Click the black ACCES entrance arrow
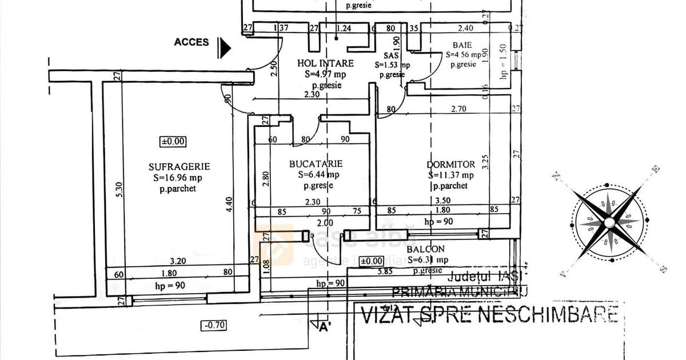(x=224, y=48)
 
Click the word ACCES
(x=192, y=42)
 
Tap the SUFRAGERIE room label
(x=179, y=167)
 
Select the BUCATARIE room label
(x=316, y=164)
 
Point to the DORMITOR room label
(x=451, y=165)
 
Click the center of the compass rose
(x=609, y=221)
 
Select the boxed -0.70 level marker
(x=214, y=326)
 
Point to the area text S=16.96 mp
(x=178, y=177)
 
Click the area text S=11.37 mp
(x=451, y=175)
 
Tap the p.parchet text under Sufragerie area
(x=178, y=188)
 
